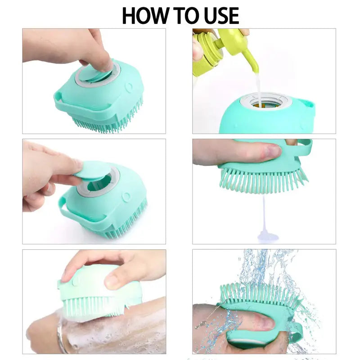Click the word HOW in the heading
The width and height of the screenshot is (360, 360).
point(144,16)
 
